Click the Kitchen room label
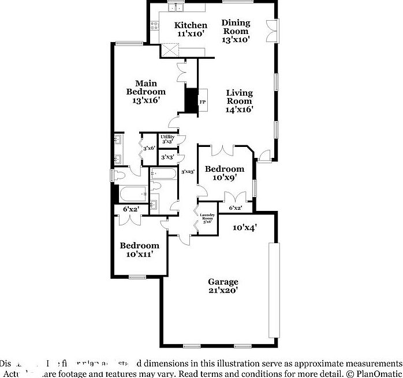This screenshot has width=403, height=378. [191, 29]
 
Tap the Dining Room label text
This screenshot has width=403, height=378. [236, 31]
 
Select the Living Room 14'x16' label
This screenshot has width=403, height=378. [239, 101]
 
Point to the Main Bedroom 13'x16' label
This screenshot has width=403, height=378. [146, 92]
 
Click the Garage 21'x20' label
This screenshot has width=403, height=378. [223, 286]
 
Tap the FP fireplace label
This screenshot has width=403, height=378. [203, 103]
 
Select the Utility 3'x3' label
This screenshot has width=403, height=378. [168, 139]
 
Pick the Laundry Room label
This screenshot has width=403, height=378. [207, 219]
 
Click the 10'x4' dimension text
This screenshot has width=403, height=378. [245, 227]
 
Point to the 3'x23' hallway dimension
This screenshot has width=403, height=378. [188, 172]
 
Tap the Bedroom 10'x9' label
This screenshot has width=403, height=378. [225, 173]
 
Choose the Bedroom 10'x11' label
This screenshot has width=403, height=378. [139, 250]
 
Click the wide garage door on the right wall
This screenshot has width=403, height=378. [274, 290]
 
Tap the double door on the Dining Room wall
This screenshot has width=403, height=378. [271, 31]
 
